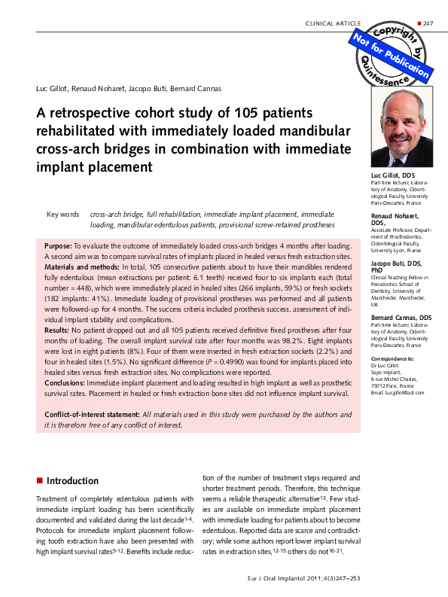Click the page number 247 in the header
point(428,24)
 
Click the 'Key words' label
point(62,215)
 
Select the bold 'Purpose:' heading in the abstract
point(58,246)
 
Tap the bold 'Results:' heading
point(58,330)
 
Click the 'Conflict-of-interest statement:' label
point(93,415)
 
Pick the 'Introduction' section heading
point(72,480)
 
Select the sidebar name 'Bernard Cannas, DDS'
point(401,318)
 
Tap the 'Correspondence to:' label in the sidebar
point(393,359)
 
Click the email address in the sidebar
point(398,393)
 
